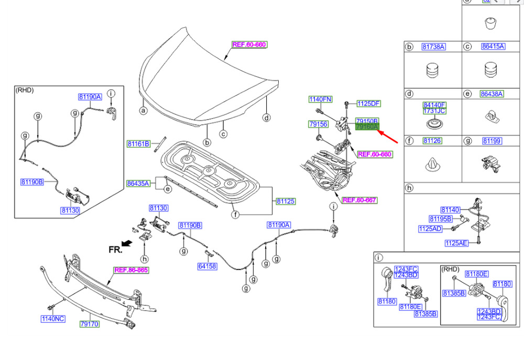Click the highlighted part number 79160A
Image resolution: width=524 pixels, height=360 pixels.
(367, 127)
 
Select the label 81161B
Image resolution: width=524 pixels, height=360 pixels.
(138, 144)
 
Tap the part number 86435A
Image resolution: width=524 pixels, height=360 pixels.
(138, 183)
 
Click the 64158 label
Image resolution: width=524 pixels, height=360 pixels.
(207, 267)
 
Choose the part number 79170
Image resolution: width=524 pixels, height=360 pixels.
(89, 324)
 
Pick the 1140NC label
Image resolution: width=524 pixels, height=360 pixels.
(53, 318)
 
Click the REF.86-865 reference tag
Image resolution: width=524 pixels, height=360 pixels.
(132, 270)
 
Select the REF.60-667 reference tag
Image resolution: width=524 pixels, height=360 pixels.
(359, 200)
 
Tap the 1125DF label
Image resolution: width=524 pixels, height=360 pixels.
(369, 103)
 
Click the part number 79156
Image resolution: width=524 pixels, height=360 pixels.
(318, 124)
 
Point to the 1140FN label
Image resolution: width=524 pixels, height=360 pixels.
(320, 99)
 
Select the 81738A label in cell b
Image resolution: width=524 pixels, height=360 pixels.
(433, 47)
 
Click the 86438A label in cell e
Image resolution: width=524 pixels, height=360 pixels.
(492, 94)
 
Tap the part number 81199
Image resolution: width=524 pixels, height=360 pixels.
(492, 141)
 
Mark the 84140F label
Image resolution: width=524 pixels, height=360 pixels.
(434, 105)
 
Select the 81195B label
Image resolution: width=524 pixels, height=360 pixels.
(440, 219)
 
